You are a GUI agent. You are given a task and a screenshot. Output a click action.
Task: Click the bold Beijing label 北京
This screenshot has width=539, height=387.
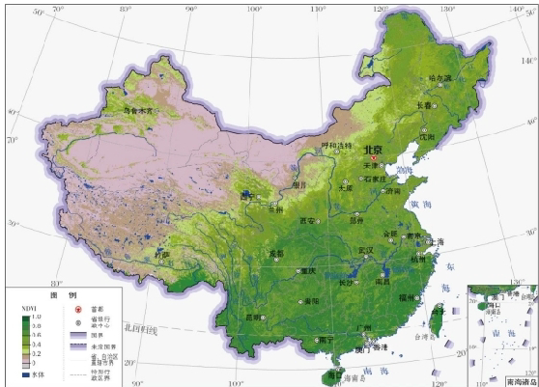(x=372, y=151)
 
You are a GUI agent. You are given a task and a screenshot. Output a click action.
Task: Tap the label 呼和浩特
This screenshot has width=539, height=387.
(x=336, y=146)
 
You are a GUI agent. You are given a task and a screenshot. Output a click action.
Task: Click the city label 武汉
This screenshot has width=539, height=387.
(x=364, y=249)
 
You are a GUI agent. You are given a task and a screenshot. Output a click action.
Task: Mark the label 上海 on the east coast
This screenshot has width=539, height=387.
(x=436, y=241)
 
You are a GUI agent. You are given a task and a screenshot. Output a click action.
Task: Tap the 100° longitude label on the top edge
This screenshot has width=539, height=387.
(x=255, y=12)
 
